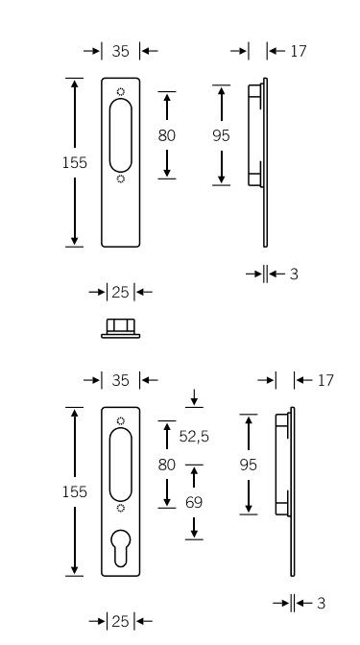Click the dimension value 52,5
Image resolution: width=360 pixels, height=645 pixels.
pos(194,436)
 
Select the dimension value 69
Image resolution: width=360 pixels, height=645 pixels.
pos(194,502)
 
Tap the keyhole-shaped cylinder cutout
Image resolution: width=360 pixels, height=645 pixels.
pos(121,548)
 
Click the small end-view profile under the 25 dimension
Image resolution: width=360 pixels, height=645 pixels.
pos(121,328)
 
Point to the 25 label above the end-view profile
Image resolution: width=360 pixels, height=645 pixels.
pos(120,292)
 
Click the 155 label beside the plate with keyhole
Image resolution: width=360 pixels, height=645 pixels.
pos(75,491)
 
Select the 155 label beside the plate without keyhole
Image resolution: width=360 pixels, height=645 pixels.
pos(75,163)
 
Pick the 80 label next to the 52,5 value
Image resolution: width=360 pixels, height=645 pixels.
pos(167,465)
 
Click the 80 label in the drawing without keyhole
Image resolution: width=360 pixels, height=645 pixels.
pos(167,135)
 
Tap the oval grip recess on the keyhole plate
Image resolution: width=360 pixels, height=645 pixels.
pos(121,465)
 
